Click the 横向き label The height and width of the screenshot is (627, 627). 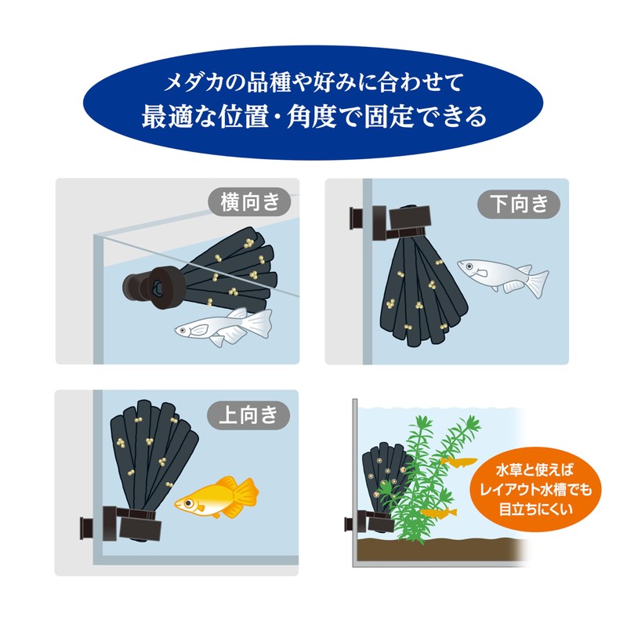tap(249, 204)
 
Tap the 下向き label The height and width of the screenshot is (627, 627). tap(519, 204)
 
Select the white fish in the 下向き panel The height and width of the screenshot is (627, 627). tap(502, 277)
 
